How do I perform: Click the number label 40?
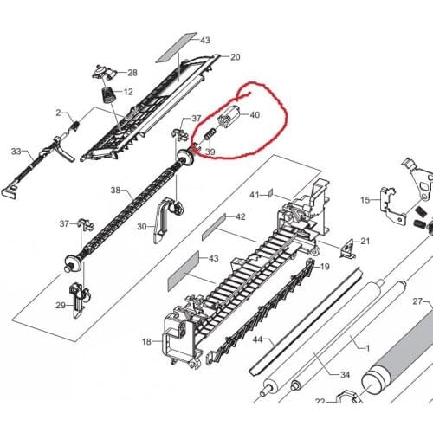(255, 115)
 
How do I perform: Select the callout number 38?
(115, 190)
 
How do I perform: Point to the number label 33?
(16, 152)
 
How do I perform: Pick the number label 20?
(235, 57)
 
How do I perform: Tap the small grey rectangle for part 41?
(270, 194)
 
